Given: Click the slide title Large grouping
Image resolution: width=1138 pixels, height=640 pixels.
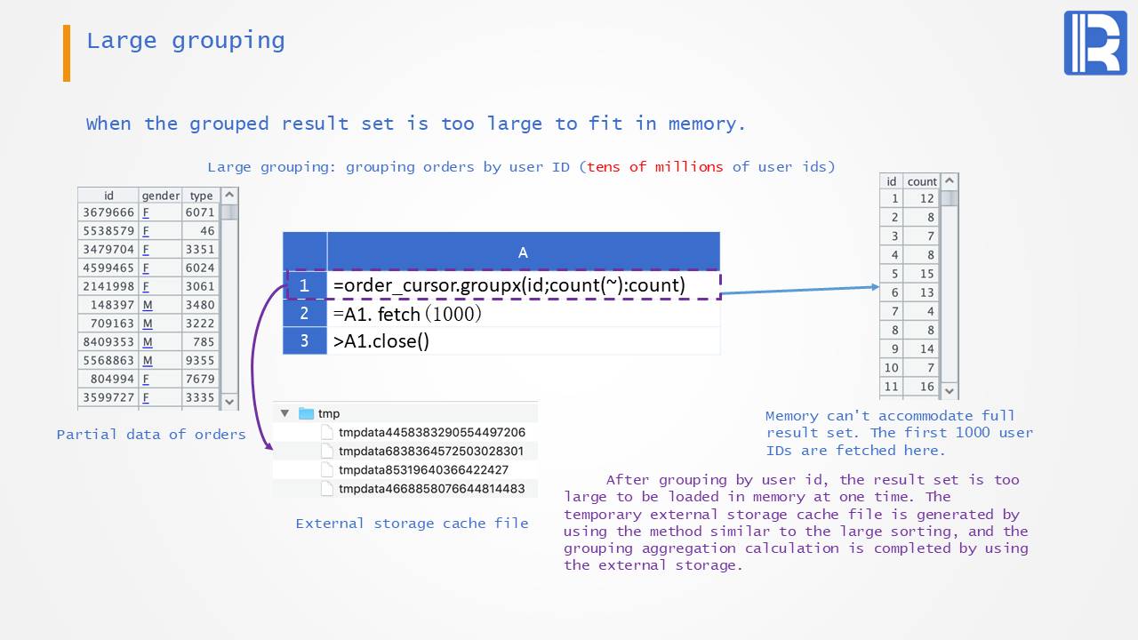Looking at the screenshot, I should [185, 41].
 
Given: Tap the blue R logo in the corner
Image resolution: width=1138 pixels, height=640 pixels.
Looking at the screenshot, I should [1094, 43].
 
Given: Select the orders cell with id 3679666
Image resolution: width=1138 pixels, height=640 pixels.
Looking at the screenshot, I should [108, 212].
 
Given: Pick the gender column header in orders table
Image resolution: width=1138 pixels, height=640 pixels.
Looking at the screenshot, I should [160, 196].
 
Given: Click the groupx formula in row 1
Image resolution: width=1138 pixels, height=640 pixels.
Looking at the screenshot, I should [509, 285].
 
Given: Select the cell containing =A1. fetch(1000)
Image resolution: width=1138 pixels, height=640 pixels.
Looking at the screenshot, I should [408, 314].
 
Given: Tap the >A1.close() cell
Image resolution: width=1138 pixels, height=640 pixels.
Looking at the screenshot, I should [381, 341].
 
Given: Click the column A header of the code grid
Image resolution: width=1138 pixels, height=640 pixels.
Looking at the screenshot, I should [523, 252].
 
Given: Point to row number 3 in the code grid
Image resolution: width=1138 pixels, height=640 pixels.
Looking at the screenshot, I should [304, 341].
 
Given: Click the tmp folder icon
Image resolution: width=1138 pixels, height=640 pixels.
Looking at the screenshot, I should [306, 413].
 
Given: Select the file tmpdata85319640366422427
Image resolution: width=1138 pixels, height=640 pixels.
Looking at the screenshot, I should [423, 469].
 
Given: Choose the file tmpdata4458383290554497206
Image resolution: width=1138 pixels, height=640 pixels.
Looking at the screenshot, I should [431, 432].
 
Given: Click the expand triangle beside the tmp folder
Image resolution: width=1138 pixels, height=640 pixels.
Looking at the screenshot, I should [284, 413].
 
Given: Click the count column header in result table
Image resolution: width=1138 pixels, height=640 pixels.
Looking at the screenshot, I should [922, 181].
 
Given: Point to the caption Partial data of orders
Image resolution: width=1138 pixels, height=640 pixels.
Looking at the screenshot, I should [151, 435].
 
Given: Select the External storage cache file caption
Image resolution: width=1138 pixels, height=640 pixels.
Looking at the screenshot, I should [412, 524].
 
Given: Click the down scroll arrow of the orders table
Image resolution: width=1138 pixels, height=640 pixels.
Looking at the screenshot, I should [229, 401].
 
